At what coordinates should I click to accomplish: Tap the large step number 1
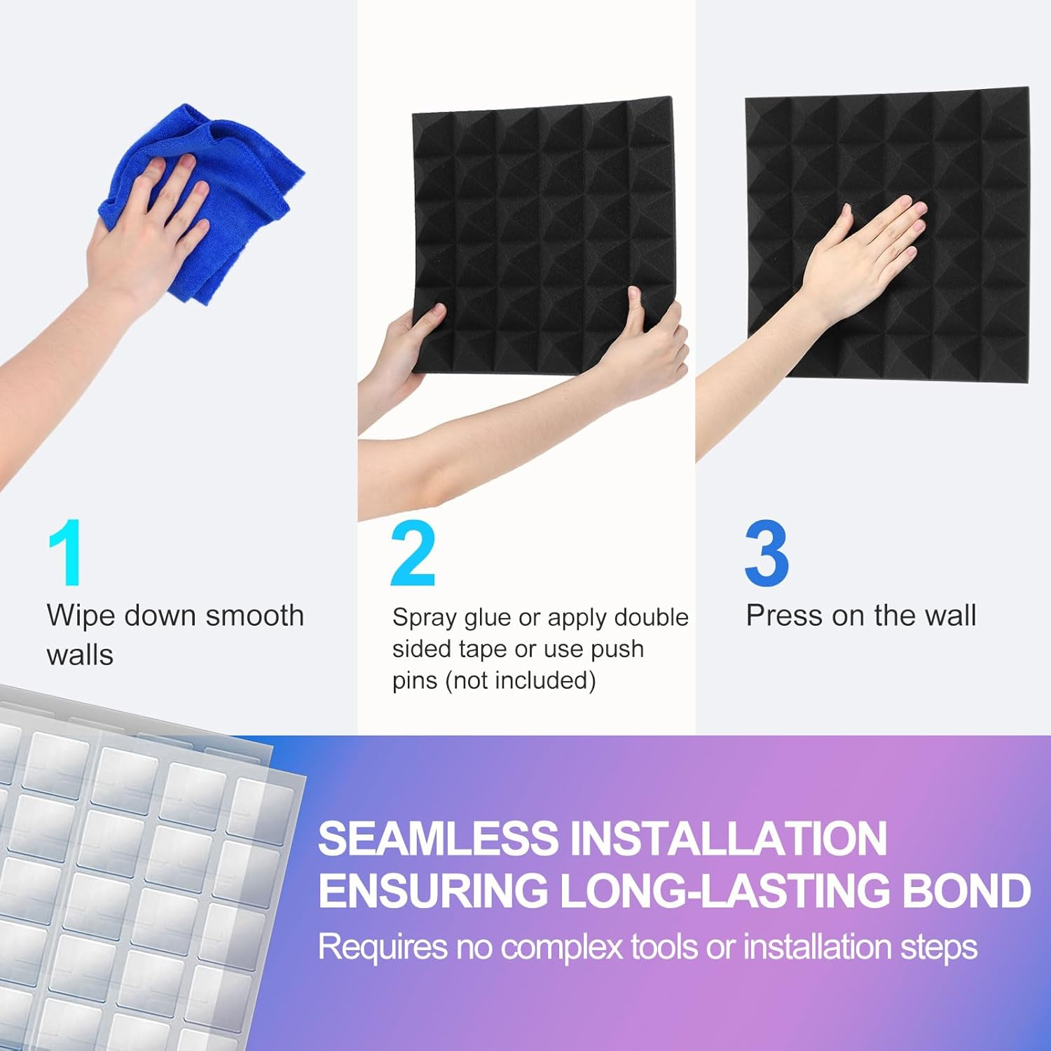pyautogui.click(x=67, y=554)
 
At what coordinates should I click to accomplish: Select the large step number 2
pyautogui.click(x=413, y=554)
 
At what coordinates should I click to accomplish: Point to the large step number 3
pyautogui.click(x=767, y=554)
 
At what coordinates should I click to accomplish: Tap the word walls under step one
pyautogui.click(x=80, y=655)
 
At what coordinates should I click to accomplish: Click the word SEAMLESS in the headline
pyautogui.click(x=439, y=839)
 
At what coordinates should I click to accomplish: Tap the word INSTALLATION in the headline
pyautogui.click(x=729, y=839)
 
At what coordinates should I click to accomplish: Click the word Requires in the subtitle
pyautogui.click(x=383, y=948)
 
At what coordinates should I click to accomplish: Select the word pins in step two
pyautogui.click(x=415, y=681)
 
